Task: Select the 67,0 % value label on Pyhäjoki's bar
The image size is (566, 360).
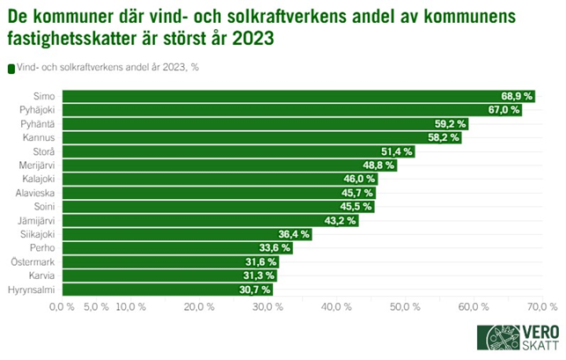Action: (504, 110)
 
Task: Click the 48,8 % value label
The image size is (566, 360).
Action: (379, 165)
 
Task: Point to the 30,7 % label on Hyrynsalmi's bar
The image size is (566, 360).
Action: (254, 289)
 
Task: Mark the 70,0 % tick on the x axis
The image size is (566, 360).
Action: (541, 307)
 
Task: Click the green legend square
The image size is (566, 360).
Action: (11, 69)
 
